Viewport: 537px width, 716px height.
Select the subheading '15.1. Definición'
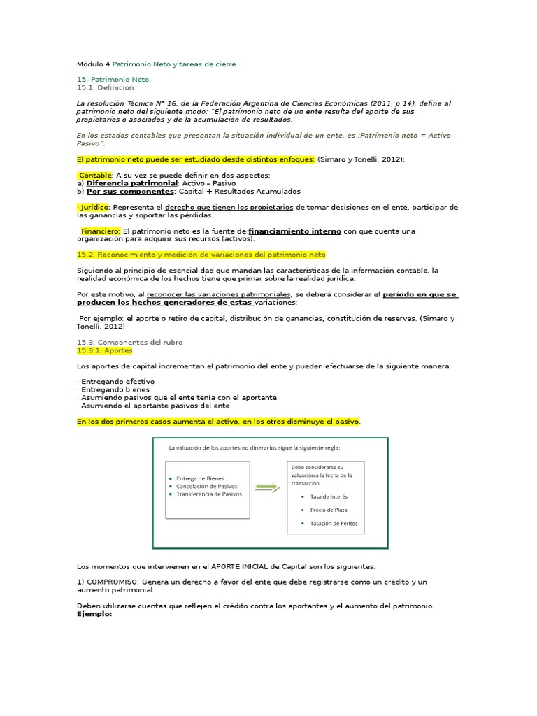pos(105,88)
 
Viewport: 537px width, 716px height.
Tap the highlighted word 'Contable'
pos(95,175)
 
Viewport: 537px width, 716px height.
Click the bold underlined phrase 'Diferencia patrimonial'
pos(132,183)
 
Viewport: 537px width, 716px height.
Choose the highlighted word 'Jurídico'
pos(94,207)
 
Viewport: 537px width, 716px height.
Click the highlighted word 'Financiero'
pos(101,231)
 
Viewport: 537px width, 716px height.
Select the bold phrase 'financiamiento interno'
pos(294,231)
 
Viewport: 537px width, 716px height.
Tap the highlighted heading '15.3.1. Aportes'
pos(104,350)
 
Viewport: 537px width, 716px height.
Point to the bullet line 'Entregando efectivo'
pos(118,382)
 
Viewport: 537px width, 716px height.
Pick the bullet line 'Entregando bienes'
pos(114,389)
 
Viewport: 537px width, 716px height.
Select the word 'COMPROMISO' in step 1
pos(111,582)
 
